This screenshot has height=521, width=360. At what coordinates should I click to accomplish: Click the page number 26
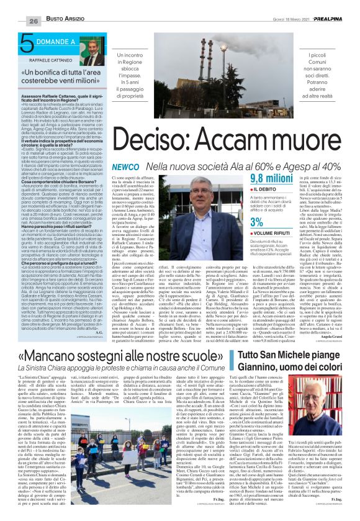point(16,21)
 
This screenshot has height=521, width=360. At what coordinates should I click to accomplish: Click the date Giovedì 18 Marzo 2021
point(285,20)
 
